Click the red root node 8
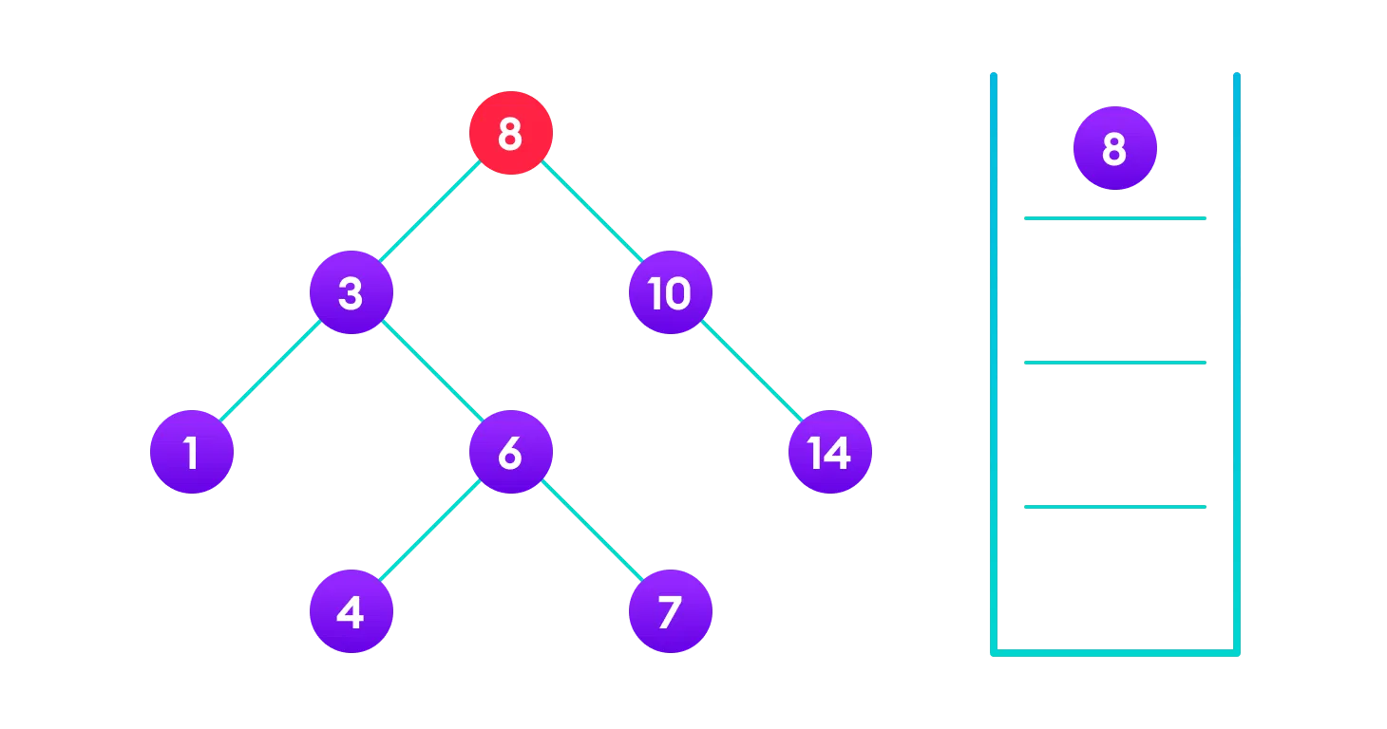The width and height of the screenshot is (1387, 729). click(511, 133)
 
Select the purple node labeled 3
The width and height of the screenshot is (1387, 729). click(351, 292)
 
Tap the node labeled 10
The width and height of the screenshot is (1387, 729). click(670, 292)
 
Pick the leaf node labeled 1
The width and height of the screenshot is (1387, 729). click(192, 452)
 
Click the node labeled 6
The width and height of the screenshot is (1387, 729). click(511, 452)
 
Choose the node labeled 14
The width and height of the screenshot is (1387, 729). click(829, 452)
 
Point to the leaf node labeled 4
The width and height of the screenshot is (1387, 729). click(351, 611)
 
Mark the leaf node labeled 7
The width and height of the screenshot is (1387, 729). click(670, 611)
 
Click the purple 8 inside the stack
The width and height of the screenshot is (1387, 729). click(1115, 148)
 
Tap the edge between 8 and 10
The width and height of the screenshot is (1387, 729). click(591, 213)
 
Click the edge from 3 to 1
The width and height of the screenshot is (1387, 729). click(272, 372)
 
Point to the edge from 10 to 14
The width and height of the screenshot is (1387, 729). click(750, 372)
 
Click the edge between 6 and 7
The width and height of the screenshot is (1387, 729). click(591, 532)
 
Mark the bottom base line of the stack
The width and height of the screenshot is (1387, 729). click(1115, 652)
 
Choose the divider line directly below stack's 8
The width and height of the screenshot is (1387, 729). click(1115, 218)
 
